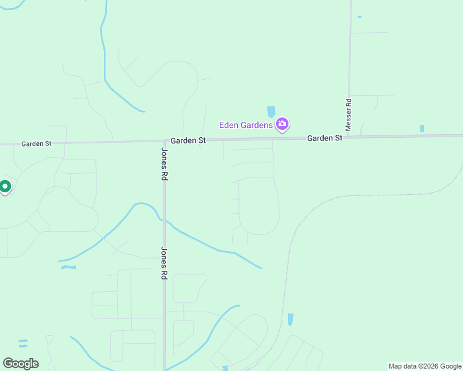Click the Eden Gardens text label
pyautogui.click(x=246, y=126)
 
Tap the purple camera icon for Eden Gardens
pyautogui.click(x=282, y=125)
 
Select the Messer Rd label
pyautogui.click(x=348, y=114)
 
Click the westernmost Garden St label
pyautogui.click(x=37, y=143)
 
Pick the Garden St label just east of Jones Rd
pyautogui.click(x=188, y=141)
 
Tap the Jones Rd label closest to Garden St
pyautogui.click(x=165, y=163)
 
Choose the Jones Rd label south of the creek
pyautogui.click(x=165, y=264)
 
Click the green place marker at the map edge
pyautogui.click(x=5, y=186)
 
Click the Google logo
pyautogui.click(x=20, y=364)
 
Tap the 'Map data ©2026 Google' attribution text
pyautogui.click(x=425, y=366)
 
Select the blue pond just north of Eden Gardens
pyautogui.click(x=270, y=112)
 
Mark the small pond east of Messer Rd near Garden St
pyautogui.click(x=422, y=129)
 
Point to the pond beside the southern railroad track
pyautogui.click(x=290, y=319)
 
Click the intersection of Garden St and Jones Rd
pyautogui.click(x=165, y=141)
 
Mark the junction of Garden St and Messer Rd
pyautogui.click(x=348, y=137)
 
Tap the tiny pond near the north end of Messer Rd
pyautogui.click(x=359, y=17)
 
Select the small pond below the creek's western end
pyautogui.click(x=69, y=267)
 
